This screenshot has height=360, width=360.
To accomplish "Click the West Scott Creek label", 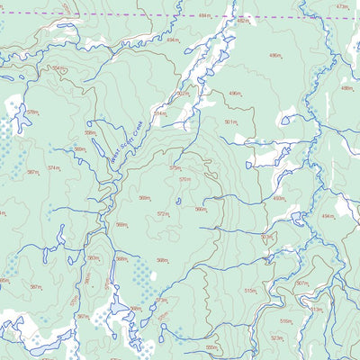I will pos(126,147).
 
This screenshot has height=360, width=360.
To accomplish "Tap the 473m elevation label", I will pos(341,7).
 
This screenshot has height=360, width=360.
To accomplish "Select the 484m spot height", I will pos(204,16).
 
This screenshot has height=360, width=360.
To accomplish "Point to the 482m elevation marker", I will pos(243,21).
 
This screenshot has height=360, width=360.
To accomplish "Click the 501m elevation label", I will pos(230,121).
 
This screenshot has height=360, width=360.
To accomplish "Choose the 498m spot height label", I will pos(346,88).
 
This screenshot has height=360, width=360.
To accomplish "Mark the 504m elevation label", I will pos(58,68).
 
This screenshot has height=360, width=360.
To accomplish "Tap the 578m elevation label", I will pos(32,112).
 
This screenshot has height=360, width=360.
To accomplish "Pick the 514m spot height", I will pos(159,114).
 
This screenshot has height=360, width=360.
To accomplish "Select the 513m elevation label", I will pos(316,309).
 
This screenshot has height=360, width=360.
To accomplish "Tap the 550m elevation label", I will pos(211,347).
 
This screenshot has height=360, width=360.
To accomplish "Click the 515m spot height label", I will pos(249,291).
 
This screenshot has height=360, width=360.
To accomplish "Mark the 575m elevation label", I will pos(175,167).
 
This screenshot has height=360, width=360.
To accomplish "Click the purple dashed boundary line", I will pos(135,15).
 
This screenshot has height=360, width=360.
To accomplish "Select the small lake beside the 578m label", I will pos(17,114).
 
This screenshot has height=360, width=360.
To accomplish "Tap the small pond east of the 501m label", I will pos(285,120).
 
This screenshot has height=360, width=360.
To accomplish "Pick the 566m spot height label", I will pos(201,210).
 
